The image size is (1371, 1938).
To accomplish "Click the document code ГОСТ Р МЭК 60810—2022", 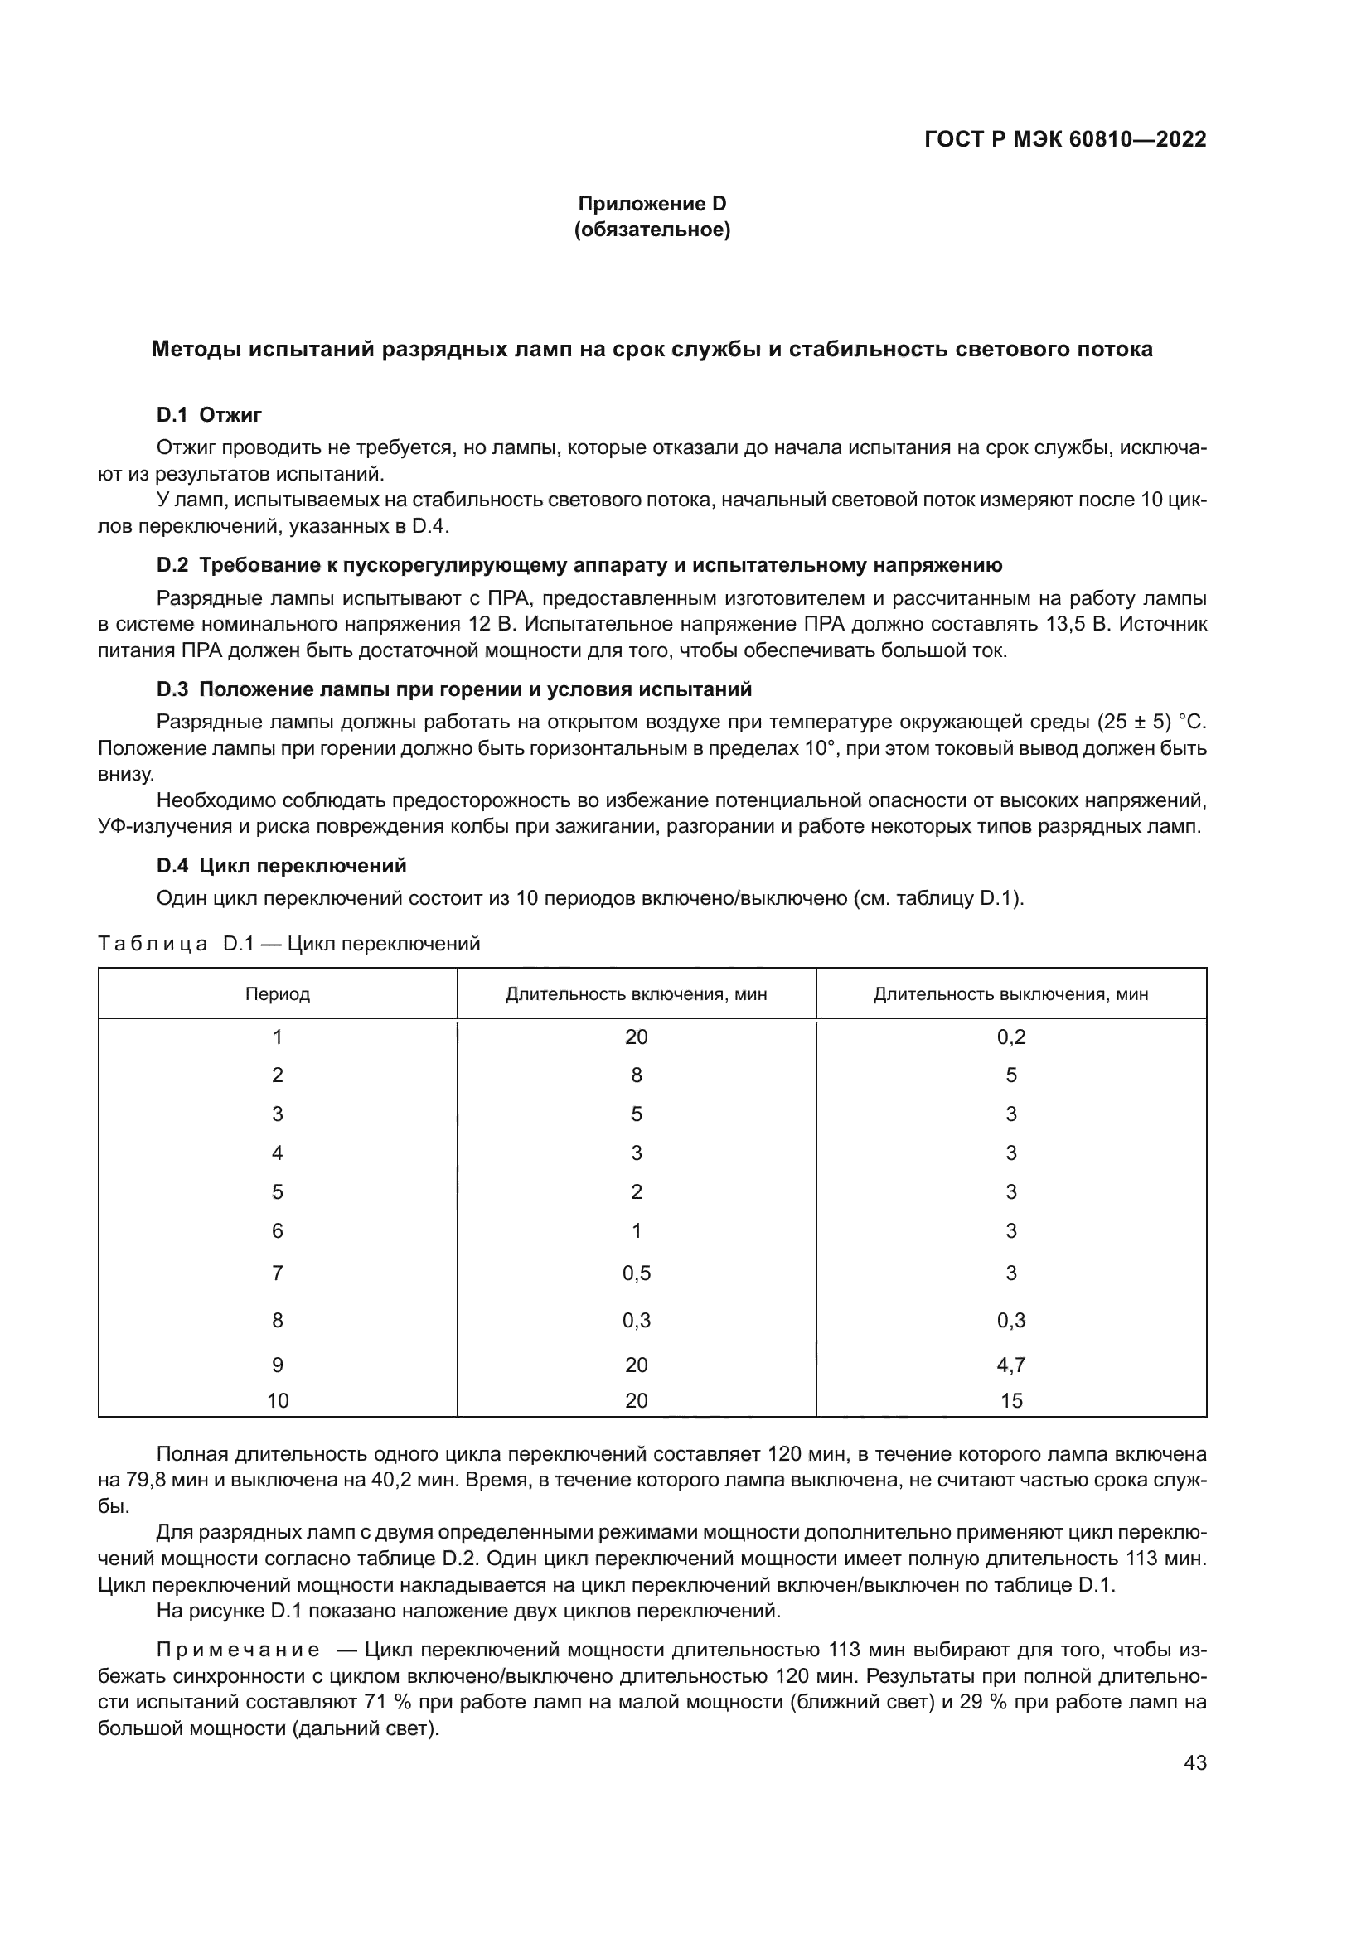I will (x=1064, y=139).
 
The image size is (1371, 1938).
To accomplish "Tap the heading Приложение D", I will (x=652, y=204).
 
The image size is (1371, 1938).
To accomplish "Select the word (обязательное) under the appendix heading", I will (x=652, y=230).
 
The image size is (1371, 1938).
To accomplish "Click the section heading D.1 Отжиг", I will (x=210, y=414).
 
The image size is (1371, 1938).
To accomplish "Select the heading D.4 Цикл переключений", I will (x=281, y=865).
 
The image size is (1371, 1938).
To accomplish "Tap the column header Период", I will (x=278, y=993).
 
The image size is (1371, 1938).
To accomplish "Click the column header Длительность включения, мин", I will (x=637, y=993).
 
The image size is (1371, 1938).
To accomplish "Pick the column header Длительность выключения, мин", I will (x=1010, y=993).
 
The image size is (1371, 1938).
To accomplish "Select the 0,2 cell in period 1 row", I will (x=1010, y=1037).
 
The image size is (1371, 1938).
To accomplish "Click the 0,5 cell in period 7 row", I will (x=637, y=1273).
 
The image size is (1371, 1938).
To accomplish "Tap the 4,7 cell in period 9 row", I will (x=1010, y=1365).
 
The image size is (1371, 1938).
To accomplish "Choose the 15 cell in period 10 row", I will (x=1010, y=1401).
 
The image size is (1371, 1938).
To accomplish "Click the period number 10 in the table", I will (x=278, y=1401).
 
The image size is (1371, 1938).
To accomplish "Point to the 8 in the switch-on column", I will (x=637, y=1075).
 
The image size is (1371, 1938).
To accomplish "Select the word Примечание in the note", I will (x=238, y=1650).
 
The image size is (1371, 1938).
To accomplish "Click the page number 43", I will (x=1194, y=1763).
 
